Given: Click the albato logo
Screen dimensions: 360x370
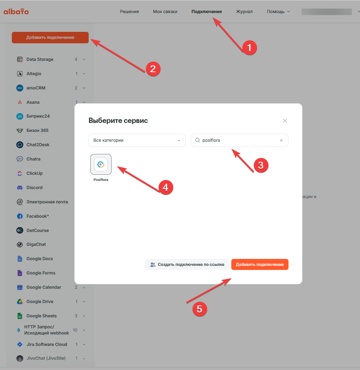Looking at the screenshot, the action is click(x=16, y=11).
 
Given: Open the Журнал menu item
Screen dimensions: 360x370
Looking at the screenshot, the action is click(x=244, y=11).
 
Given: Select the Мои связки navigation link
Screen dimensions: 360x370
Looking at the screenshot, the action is click(x=165, y=11).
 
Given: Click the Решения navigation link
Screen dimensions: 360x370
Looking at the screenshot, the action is click(x=130, y=11).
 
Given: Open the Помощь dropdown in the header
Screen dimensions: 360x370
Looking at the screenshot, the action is click(x=278, y=11).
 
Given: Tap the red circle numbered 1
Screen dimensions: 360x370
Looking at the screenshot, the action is click(x=250, y=48).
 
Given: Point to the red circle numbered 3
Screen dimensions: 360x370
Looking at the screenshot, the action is click(x=261, y=165).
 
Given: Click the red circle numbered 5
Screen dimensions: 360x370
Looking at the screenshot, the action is click(x=199, y=309).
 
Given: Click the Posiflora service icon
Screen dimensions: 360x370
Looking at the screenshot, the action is click(x=101, y=164).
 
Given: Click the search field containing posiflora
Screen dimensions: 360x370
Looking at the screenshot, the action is click(x=239, y=140).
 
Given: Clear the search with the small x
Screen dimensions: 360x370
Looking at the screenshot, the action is click(x=281, y=140).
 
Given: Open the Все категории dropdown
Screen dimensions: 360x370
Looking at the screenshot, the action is click(x=137, y=140).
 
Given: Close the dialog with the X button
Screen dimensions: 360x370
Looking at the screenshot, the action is click(x=285, y=121).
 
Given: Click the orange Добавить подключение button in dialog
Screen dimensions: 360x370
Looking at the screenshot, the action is click(x=259, y=264).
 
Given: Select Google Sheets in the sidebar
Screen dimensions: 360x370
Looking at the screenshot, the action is click(x=42, y=316).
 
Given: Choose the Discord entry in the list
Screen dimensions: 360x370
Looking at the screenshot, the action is click(x=34, y=187).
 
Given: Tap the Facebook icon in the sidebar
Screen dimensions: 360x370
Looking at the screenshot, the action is click(x=20, y=216).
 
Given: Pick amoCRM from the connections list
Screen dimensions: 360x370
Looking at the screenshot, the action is click(x=36, y=88).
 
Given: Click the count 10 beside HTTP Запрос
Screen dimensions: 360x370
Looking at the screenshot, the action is click(x=75, y=330).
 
